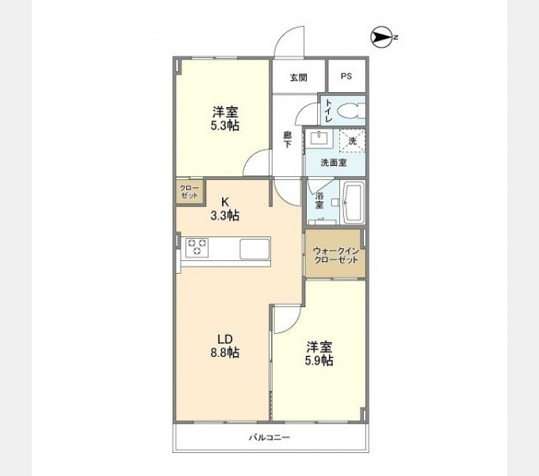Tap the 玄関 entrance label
click(298, 78)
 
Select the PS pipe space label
click(346, 76)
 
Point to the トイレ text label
click(329, 111)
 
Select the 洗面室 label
click(334, 163)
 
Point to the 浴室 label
click(319, 201)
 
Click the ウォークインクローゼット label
click(336, 255)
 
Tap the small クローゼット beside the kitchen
click(189, 192)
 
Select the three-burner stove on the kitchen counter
click(197, 248)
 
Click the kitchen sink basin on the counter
click(254, 248)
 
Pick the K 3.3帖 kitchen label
click(225, 209)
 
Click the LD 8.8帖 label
click(225, 346)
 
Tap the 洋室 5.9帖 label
click(319, 354)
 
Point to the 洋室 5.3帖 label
click(225, 119)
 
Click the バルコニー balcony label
click(269, 438)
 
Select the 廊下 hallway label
click(287, 140)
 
